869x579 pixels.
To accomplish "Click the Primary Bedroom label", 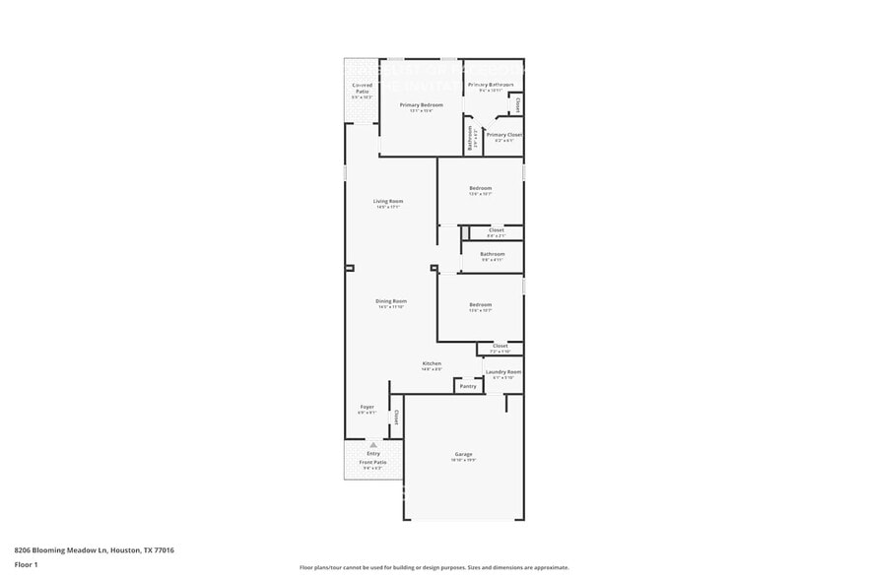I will (421, 104).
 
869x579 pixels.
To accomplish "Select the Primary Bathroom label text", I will (490, 85).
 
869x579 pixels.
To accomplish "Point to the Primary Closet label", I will (503, 135).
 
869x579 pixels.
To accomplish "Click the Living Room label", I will (388, 201).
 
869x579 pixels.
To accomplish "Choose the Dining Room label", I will (391, 301).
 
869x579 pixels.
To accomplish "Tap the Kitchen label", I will (432, 363).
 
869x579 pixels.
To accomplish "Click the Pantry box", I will (468, 386).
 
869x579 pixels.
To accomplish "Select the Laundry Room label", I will (503, 372).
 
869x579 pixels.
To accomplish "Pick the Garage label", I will (463, 454).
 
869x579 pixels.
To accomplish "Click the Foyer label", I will (367, 407).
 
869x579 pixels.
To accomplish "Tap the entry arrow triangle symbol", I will (373, 445).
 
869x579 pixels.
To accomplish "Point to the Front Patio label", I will (373, 462).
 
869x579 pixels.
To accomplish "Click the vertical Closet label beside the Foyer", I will (396, 417).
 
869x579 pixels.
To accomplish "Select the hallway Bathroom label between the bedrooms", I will (493, 254).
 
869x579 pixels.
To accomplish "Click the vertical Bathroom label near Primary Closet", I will (470, 137).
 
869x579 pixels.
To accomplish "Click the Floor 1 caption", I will (26, 564).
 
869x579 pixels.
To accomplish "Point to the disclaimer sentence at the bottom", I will (434, 567).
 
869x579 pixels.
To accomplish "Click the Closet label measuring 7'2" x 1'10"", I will (501, 347).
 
